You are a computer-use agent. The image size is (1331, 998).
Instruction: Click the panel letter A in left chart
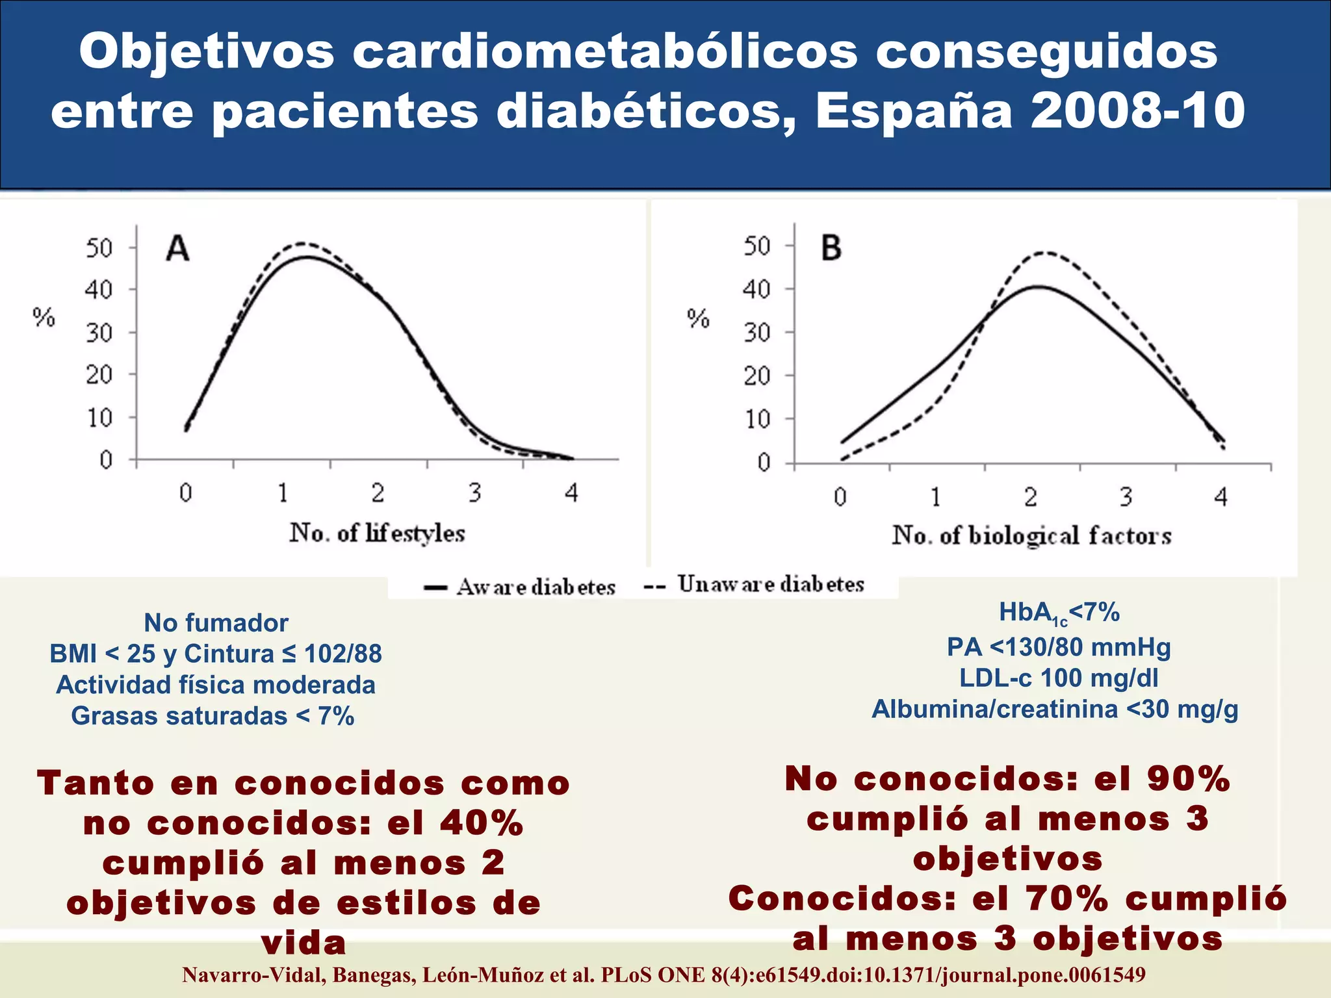click(x=177, y=249)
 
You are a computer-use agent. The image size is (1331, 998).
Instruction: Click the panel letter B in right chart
click(x=831, y=248)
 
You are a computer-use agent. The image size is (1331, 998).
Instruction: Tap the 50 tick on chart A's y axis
click(x=99, y=248)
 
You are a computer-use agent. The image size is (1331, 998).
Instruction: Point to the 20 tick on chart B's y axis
click(x=756, y=376)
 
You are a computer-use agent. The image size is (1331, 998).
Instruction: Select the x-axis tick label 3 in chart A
click(x=475, y=493)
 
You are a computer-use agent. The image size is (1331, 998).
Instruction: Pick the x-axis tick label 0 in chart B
click(x=840, y=498)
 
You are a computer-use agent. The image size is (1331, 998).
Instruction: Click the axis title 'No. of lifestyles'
click(x=377, y=533)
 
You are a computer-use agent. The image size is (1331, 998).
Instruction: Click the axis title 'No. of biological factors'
click(x=1031, y=536)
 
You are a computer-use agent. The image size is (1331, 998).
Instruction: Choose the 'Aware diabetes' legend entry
click(x=520, y=587)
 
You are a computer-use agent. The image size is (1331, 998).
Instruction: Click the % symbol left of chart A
click(x=44, y=318)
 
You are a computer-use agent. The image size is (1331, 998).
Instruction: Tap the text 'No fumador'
click(x=216, y=623)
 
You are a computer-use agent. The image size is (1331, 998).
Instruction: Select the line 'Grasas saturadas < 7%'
click(x=213, y=716)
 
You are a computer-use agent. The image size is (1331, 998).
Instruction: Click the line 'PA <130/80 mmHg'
click(x=1059, y=647)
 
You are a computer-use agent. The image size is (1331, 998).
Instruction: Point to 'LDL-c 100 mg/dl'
click(x=1059, y=678)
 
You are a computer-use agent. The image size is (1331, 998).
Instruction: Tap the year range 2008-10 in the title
click(x=1137, y=110)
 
